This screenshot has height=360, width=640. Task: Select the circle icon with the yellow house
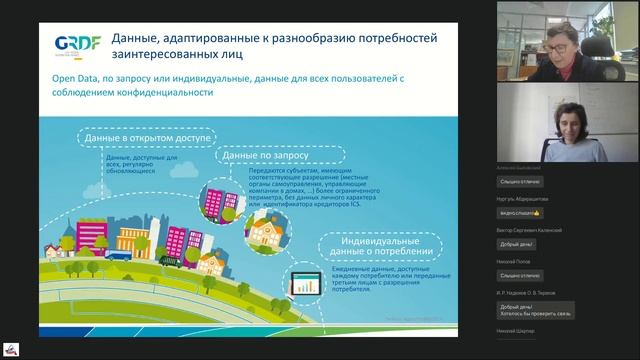coord(267,234)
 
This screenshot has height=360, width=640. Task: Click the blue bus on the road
coord(119,256)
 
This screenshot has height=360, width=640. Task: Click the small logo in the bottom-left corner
coord(11,349)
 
